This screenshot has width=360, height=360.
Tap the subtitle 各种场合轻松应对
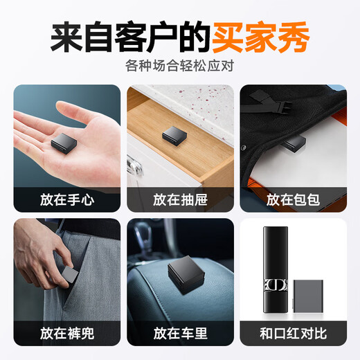tap(179, 66)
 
